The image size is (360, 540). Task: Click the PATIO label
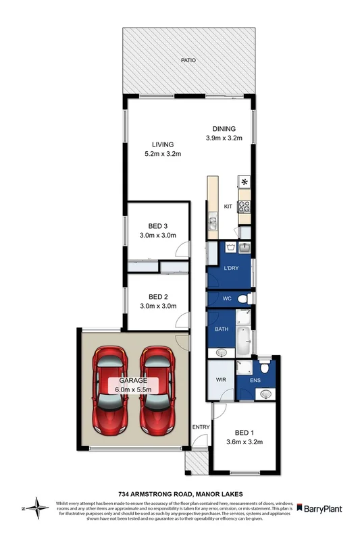[188, 60]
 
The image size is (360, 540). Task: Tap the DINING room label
[224, 129]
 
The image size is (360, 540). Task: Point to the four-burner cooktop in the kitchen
[245, 207]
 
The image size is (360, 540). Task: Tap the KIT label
[228, 206]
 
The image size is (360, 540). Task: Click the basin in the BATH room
[222, 352]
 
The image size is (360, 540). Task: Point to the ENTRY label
[201, 427]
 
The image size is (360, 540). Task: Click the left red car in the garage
[109, 391]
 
